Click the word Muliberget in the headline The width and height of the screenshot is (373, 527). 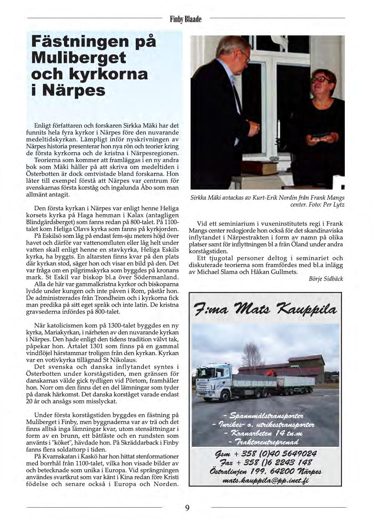79,58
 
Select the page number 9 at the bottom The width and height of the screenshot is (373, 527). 187,508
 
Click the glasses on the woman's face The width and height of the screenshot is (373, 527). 321,80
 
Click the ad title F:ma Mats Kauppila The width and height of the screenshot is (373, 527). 265,310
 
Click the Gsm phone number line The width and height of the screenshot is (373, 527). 265,453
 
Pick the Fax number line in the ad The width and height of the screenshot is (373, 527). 265,462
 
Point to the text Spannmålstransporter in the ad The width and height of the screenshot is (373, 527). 266,416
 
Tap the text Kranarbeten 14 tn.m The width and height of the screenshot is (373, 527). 266,434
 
